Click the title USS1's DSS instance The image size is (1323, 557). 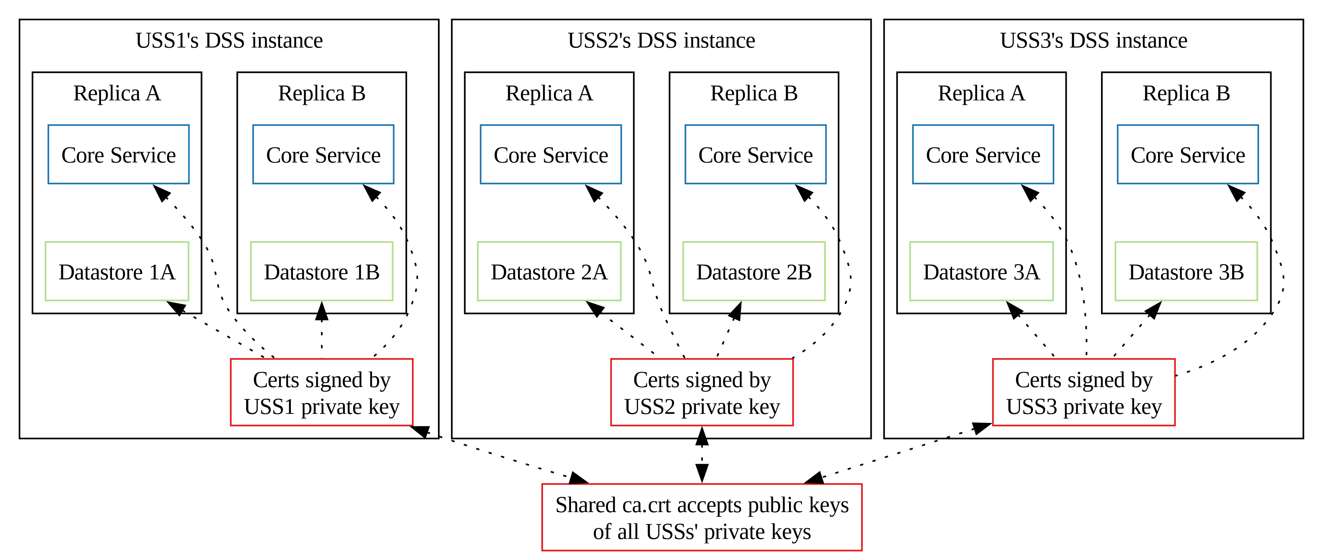pyautogui.click(x=229, y=41)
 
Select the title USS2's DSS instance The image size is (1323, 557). pyautogui.click(x=661, y=41)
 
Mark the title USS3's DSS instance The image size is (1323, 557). pyautogui.click(x=1093, y=41)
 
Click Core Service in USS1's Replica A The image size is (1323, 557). pyautogui.click(x=119, y=154)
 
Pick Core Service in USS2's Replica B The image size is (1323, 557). pyautogui.click(x=755, y=154)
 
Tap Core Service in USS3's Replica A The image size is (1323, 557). pyautogui.click(x=983, y=154)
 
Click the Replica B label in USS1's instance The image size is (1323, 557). pyautogui.click(x=321, y=94)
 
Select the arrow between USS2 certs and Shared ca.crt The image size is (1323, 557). pyautogui.click(x=702, y=455)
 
